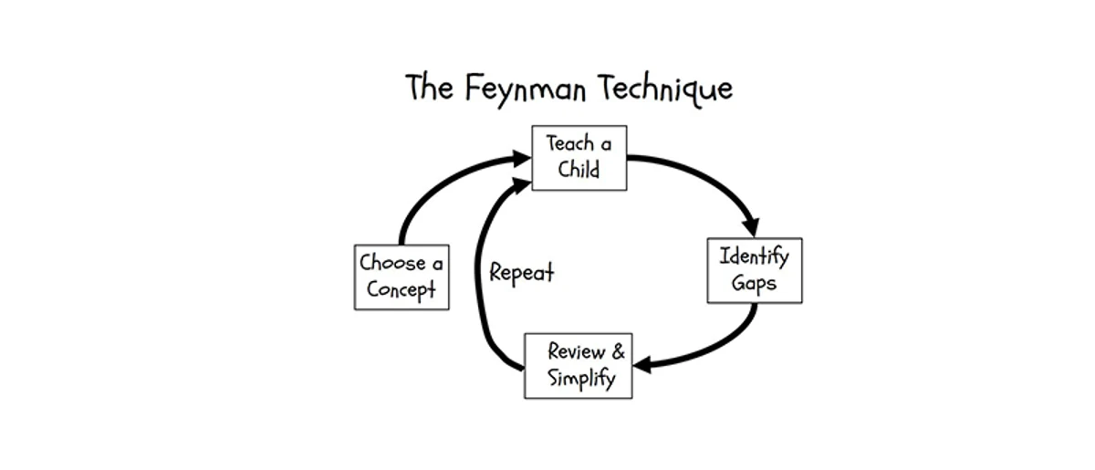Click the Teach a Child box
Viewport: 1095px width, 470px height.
pos(579,158)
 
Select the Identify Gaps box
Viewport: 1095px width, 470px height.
pos(755,270)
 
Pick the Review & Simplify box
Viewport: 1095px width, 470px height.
pos(579,366)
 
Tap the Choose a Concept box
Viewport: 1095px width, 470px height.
pos(401,277)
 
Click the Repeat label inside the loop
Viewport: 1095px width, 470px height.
pos(521,273)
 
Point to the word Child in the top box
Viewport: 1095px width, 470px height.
pos(579,171)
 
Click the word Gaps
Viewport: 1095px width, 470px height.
pos(754,283)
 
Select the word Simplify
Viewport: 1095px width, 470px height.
pos(581,379)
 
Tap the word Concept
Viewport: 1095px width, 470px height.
pos(401,290)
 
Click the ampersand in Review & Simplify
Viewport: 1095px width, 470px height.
pos(618,352)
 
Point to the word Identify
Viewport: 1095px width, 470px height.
pos(755,256)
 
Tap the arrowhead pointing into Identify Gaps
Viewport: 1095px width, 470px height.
pos(752,225)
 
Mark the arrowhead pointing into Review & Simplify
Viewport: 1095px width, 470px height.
pos(641,365)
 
